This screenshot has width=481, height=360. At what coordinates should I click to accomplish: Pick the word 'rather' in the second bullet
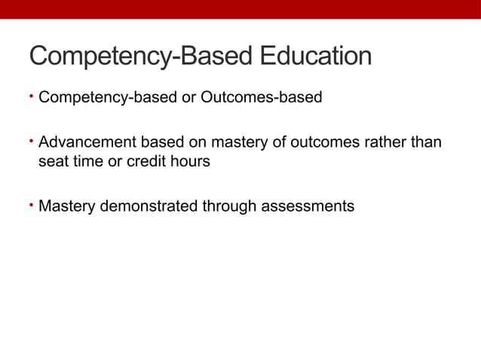pos(387,143)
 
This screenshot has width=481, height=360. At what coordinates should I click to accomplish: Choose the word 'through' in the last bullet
pos(229,206)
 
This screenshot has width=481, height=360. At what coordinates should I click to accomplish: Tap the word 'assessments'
pos(308,206)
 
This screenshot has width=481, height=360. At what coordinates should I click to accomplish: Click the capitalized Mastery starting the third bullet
pos(66,206)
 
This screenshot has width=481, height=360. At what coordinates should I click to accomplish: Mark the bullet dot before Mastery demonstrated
pos(32,203)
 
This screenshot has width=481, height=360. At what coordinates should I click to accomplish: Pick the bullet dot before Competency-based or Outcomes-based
pos(32,96)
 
